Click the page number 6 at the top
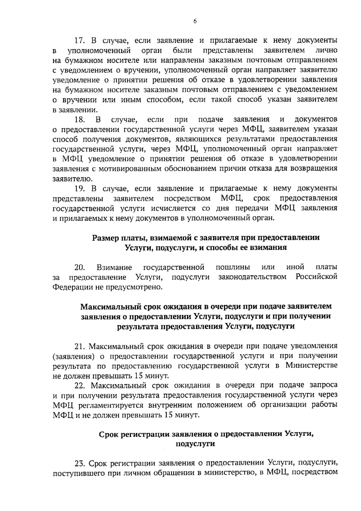point(195,21)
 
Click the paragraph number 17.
point(80,40)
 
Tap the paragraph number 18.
point(80,120)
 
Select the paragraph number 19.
point(80,189)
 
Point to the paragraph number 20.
point(80,267)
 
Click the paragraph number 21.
point(80,346)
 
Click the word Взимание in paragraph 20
point(114,267)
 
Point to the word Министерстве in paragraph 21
point(311,366)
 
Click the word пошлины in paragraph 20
point(233,267)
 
